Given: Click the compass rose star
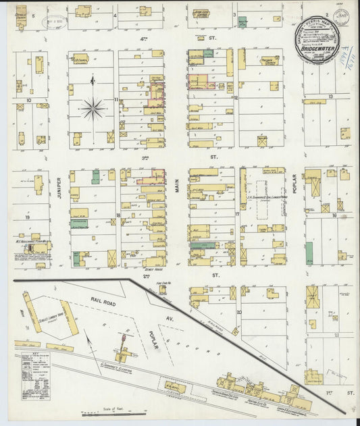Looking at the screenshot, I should (x=93, y=107).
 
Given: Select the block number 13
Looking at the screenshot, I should (x=330, y=97).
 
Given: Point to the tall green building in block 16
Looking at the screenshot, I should (x=309, y=253).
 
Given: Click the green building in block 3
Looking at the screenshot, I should (x=242, y=22).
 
